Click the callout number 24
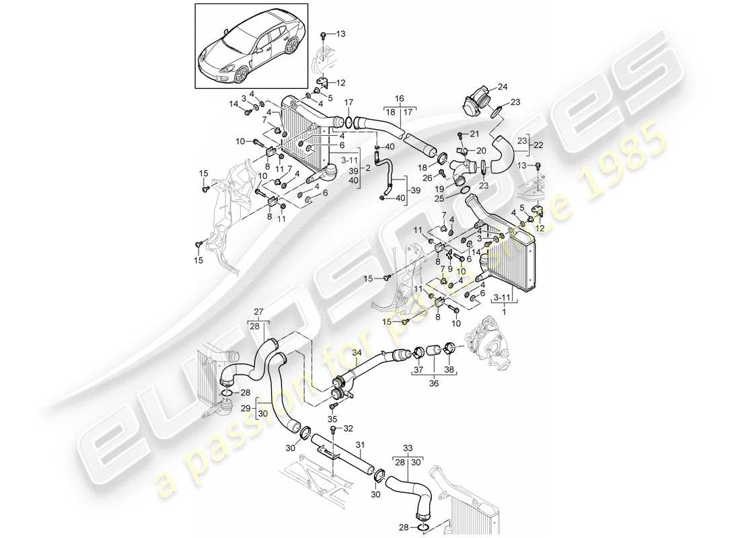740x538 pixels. (x=502, y=86)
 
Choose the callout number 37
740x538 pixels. (x=418, y=370)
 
